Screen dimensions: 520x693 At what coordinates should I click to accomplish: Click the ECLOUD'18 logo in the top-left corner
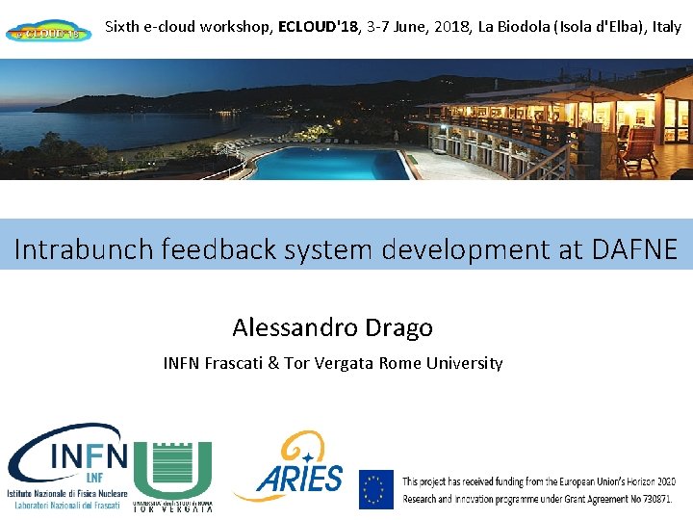pyautogui.click(x=49, y=32)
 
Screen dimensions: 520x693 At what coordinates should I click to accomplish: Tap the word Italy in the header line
pyautogui.click(x=666, y=26)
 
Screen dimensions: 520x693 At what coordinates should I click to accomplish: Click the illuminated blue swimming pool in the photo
pyautogui.click(x=327, y=164)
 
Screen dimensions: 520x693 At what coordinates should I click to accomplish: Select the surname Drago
pyautogui.click(x=398, y=327)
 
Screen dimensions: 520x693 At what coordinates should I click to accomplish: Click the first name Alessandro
pyautogui.click(x=295, y=327)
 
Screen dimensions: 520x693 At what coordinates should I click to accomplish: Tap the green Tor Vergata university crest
pyautogui.click(x=173, y=470)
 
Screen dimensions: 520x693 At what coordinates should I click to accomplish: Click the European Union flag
pyautogui.click(x=376, y=488)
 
